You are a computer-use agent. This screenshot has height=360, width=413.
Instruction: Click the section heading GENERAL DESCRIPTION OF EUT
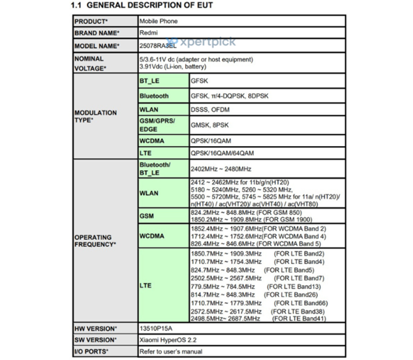pos(150,5)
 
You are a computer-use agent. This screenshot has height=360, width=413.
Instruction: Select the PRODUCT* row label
pos(91,21)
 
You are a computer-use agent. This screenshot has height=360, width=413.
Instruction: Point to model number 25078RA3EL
pos(158,46)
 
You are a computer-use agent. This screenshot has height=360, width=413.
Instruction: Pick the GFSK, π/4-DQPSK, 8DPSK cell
pos(228,96)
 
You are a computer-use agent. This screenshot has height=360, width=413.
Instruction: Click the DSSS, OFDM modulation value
pos(210,110)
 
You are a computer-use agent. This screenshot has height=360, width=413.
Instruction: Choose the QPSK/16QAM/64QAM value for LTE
pos(222,153)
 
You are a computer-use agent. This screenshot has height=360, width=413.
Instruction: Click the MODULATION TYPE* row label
pos(95,117)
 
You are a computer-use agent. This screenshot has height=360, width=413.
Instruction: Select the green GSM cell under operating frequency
pos(146,216)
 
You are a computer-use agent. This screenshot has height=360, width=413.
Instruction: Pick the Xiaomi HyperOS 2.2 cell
pos(169,340)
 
